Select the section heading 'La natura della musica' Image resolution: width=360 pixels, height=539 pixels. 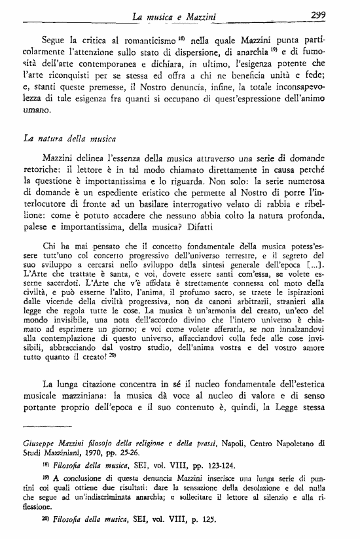(69, 139)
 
